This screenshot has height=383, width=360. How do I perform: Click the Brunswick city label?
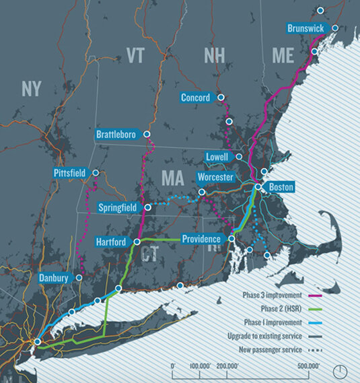coord(306,28)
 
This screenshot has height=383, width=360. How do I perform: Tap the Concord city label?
coord(195,98)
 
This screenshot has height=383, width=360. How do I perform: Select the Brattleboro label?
coord(116,135)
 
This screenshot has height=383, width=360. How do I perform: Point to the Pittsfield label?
coord(69,173)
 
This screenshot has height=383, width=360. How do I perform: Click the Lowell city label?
coord(220,157)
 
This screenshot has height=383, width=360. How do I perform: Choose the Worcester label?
coord(215,177)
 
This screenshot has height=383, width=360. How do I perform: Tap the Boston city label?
coord(281,187)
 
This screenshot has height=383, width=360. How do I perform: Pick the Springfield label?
coord(118,207)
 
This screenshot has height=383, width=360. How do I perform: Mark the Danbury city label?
coord(53,277)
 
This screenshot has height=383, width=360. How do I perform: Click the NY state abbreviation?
coord(31,88)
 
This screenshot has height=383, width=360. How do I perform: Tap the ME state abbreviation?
coord(283,56)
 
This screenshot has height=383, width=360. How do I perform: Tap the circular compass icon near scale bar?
coord(343,371)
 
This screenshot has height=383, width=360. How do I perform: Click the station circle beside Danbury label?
coord(80,277)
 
